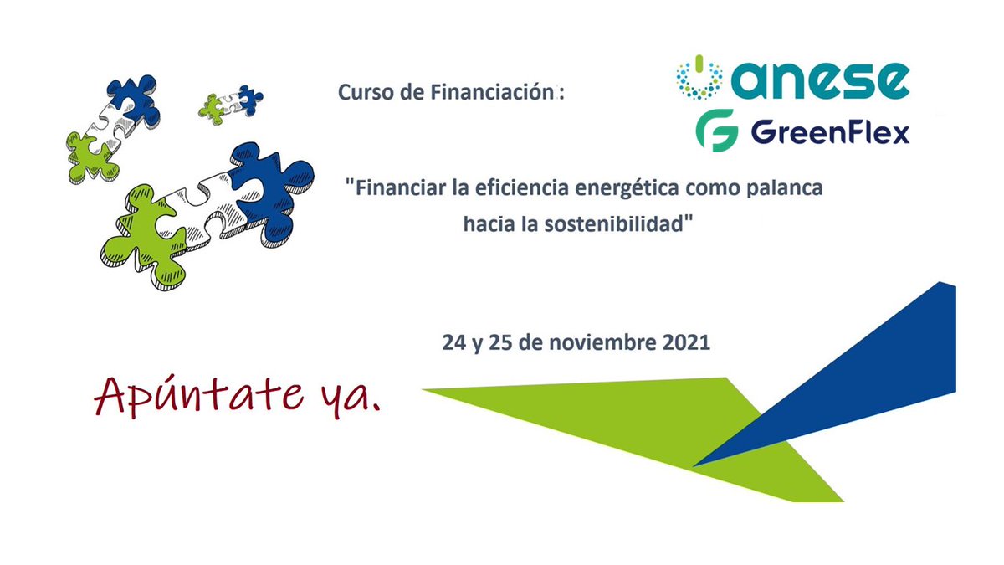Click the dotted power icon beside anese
pyautogui.click(x=699, y=77)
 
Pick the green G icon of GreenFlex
pyautogui.click(x=716, y=131)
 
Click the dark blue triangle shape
pyautogui.click(x=887, y=368)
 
